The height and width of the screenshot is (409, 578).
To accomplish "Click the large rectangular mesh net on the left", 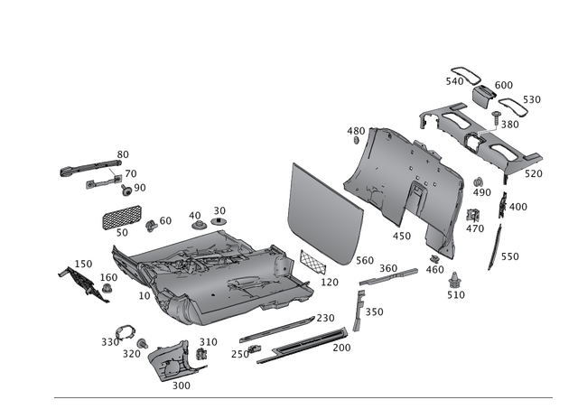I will (121, 216).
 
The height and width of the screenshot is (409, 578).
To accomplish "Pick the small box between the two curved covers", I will (481, 93).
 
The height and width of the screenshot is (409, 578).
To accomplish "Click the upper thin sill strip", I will (280, 327).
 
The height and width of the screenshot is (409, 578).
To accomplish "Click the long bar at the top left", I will (90, 165).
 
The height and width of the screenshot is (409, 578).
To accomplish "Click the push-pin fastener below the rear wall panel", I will (453, 281).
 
